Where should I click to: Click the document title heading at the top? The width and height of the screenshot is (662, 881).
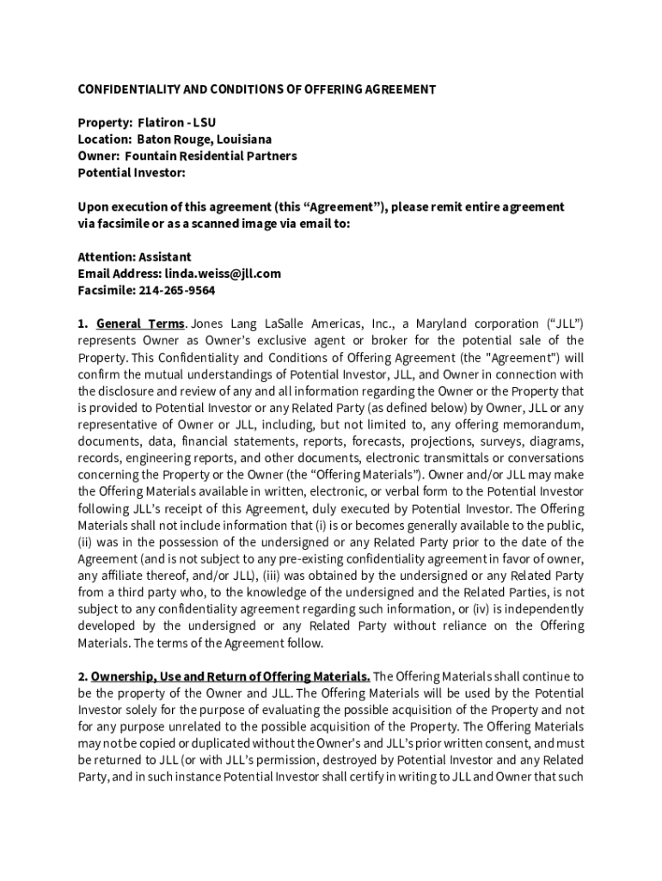pyautogui.click(x=257, y=89)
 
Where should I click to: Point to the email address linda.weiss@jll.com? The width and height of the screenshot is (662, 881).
pyautogui.click(x=223, y=274)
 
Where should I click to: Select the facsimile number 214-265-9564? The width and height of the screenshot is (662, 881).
pyautogui.click(x=176, y=290)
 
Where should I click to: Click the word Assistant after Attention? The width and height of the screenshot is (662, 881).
pyautogui.click(x=162, y=257)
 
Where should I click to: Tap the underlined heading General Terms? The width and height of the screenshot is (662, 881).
pyautogui.click(x=140, y=323)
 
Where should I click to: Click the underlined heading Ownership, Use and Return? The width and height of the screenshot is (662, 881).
pyautogui.click(x=230, y=676)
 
